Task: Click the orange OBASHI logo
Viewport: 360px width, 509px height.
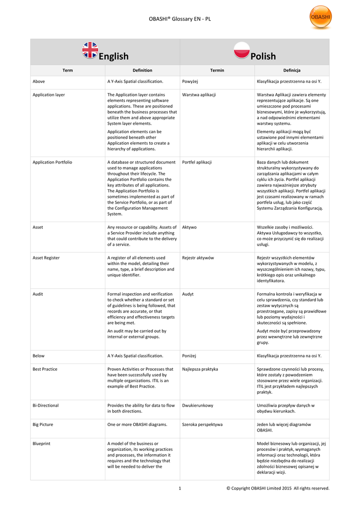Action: click(x=320, y=17)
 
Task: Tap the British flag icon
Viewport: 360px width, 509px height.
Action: click(x=90, y=50)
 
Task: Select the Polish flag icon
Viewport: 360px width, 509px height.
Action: click(x=242, y=50)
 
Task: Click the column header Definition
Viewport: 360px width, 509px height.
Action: click(x=142, y=71)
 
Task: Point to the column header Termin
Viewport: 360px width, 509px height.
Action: click(x=217, y=71)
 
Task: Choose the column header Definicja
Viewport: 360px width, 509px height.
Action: click(x=291, y=71)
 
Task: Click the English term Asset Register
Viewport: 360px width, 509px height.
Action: click(x=46, y=258)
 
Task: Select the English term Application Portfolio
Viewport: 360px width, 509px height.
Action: click(x=52, y=162)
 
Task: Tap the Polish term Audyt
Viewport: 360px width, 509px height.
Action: click(x=188, y=294)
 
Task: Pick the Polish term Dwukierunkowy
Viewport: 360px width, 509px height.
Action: click(x=198, y=406)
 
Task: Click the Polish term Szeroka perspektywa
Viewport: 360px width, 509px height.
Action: click(x=202, y=424)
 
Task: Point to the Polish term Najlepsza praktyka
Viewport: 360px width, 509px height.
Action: click(x=200, y=369)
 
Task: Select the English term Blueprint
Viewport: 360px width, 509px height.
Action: click(x=41, y=443)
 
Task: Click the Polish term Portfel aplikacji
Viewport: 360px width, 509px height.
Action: click(x=197, y=162)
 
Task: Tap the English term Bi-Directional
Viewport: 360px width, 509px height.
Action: click(x=46, y=406)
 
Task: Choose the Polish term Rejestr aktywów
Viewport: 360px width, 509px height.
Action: click(x=198, y=258)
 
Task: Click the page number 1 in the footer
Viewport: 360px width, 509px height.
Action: click(x=180, y=488)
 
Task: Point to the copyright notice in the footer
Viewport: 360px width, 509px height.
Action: click(x=277, y=488)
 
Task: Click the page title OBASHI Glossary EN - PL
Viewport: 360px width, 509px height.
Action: click(x=180, y=19)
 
